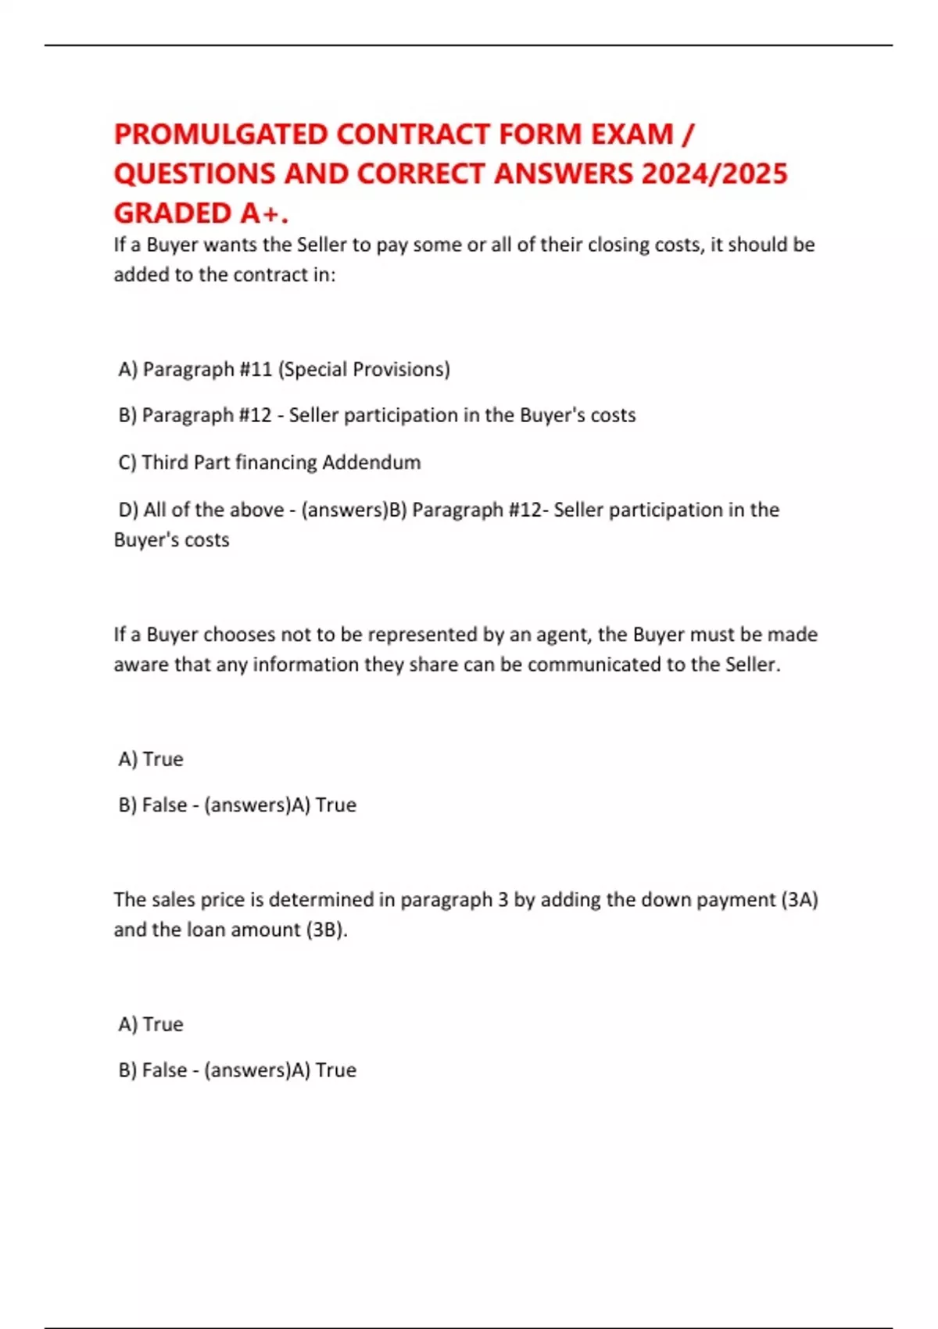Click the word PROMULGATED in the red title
[x=220, y=134]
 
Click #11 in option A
[x=256, y=369]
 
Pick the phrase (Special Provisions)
[x=364, y=369]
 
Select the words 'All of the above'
[x=213, y=510]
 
